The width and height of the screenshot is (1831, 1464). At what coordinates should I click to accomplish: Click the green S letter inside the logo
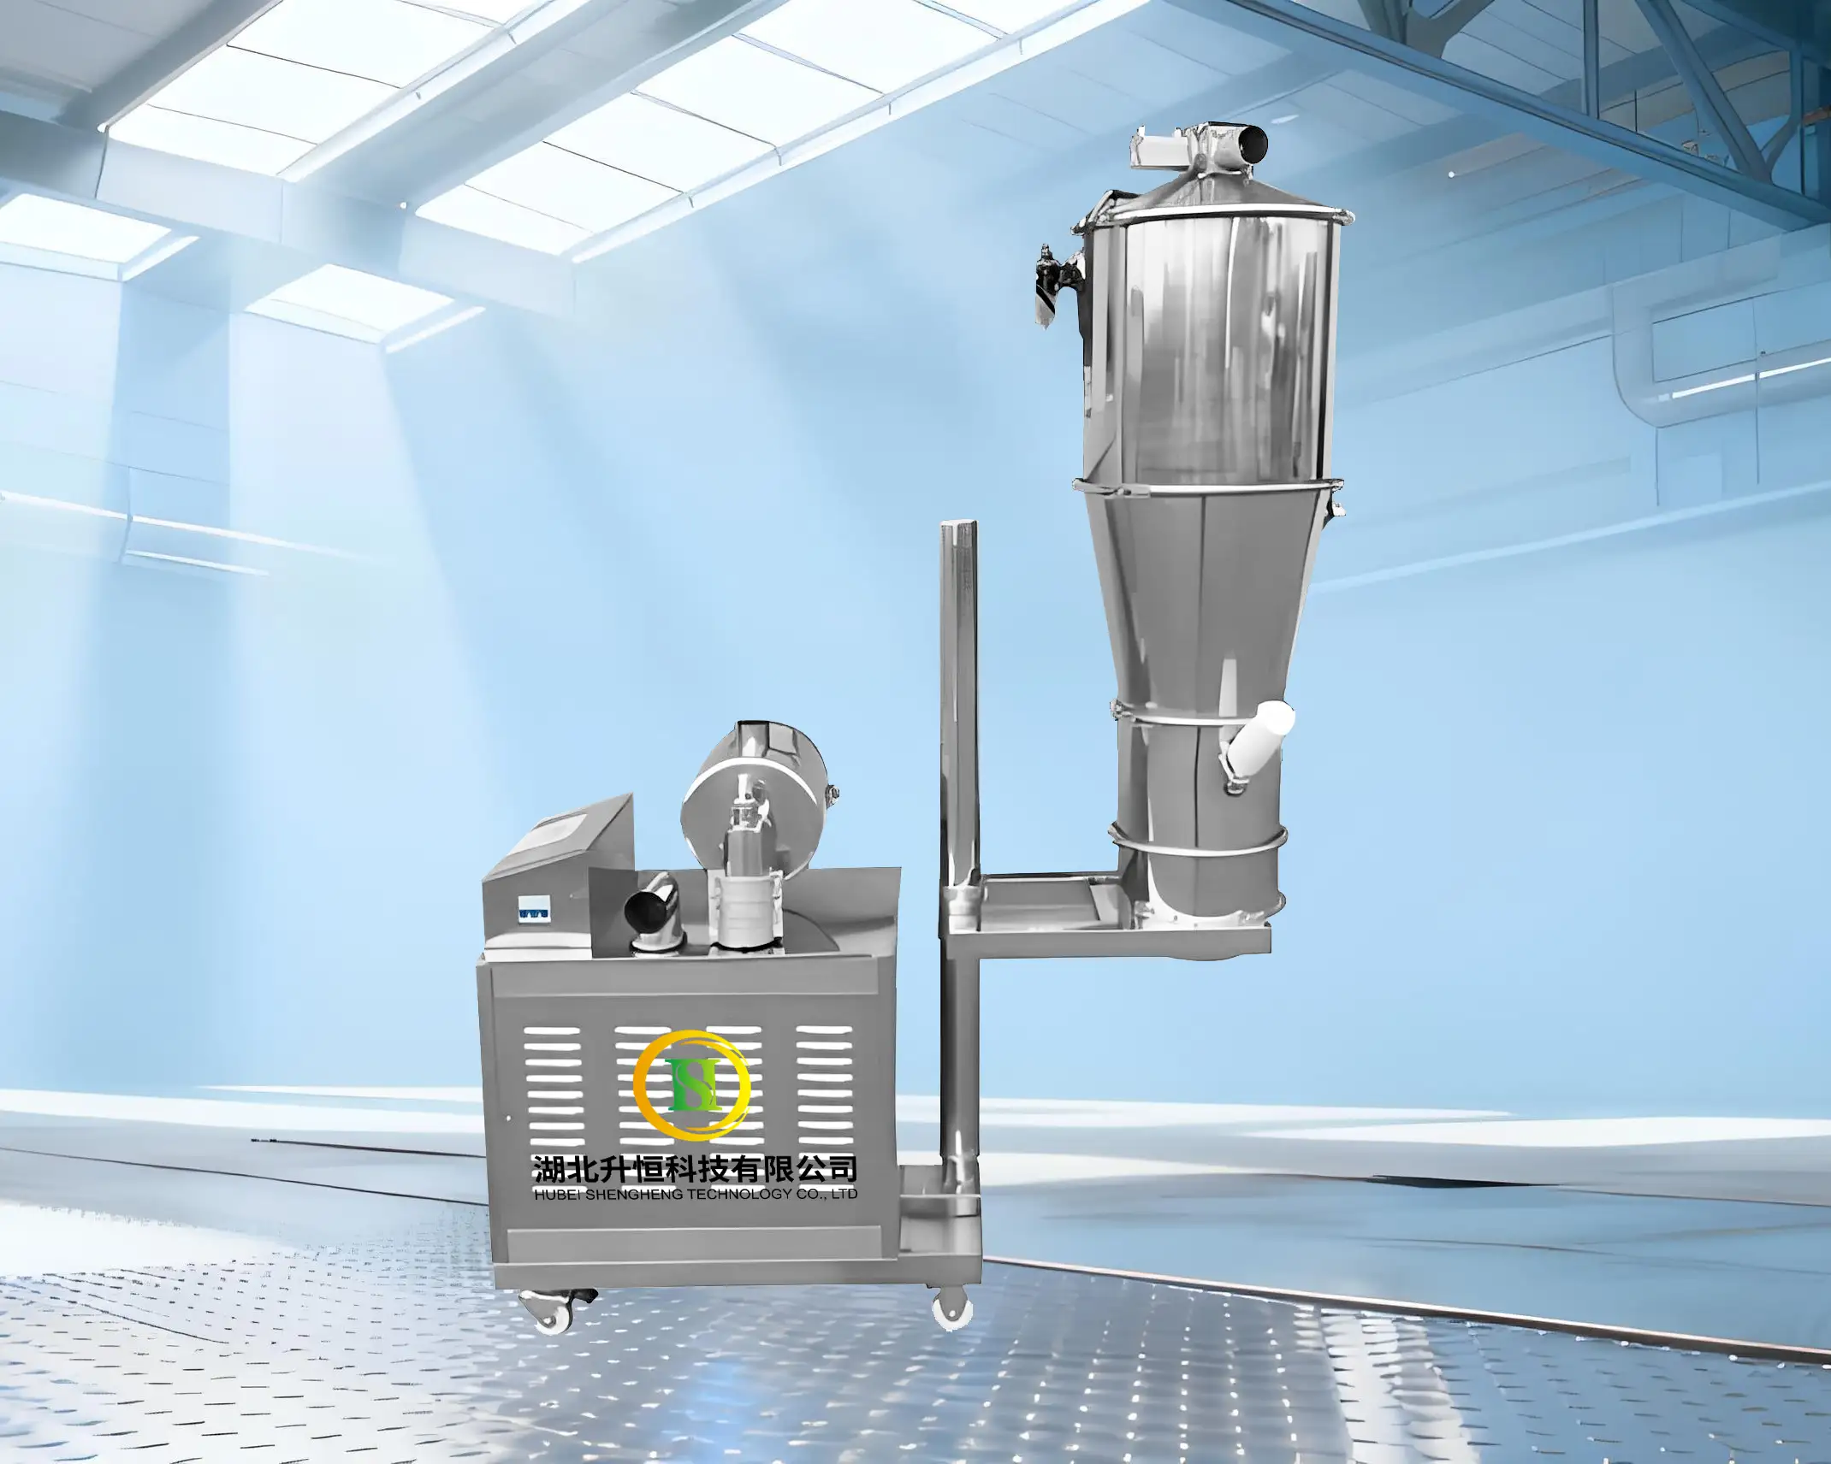point(691,1083)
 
